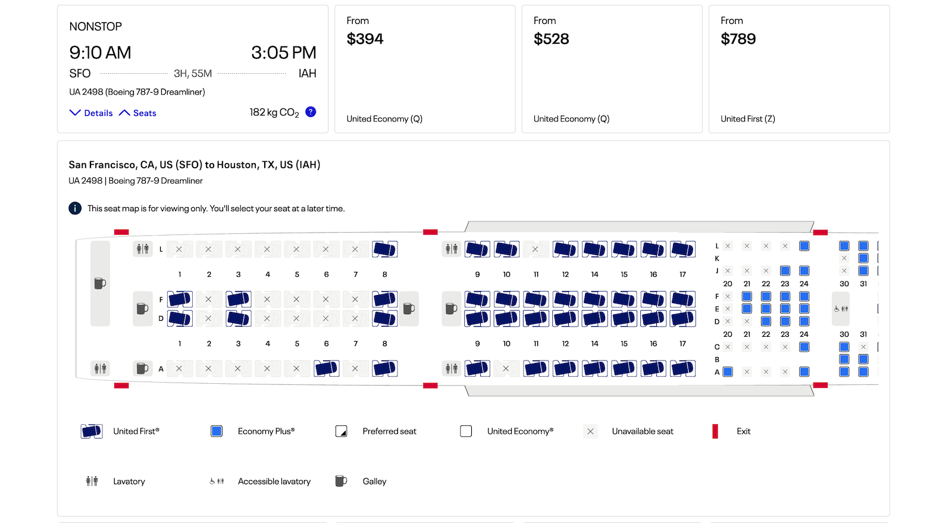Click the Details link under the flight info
(x=92, y=113)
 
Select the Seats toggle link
(x=138, y=113)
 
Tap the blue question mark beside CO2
(x=311, y=112)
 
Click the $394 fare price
(x=365, y=39)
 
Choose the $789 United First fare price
(x=738, y=39)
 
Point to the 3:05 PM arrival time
(x=283, y=53)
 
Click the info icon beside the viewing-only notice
(x=75, y=208)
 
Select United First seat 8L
(x=384, y=249)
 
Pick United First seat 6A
(x=326, y=369)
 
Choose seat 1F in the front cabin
(x=179, y=299)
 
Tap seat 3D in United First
(x=238, y=318)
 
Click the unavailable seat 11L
(x=535, y=249)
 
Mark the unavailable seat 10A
(x=506, y=369)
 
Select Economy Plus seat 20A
(x=728, y=372)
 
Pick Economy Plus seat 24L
(x=804, y=246)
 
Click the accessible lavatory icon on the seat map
(x=841, y=309)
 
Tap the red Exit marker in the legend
(x=715, y=431)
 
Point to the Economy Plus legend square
(x=217, y=431)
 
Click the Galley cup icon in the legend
(x=340, y=481)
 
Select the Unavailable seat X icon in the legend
(x=590, y=431)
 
